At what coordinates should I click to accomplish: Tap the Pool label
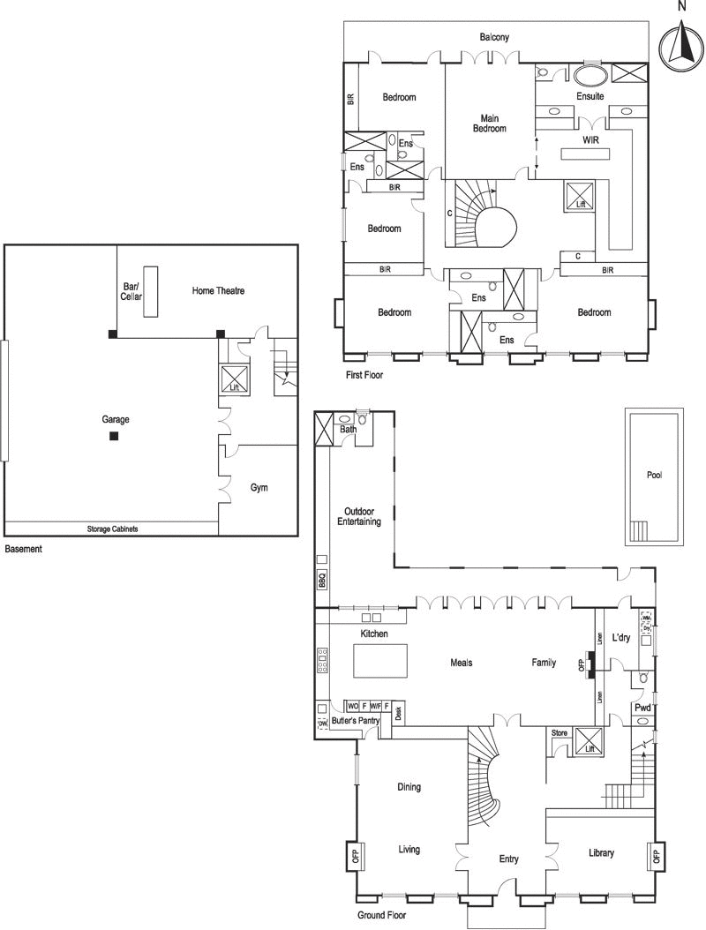[654, 475]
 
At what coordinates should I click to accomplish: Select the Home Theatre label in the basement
[218, 290]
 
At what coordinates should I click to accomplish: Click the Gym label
[259, 487]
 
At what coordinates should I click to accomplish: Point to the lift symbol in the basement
[234, 380]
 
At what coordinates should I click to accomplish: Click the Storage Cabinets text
[112, 529]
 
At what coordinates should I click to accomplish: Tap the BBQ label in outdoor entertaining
[322, 581]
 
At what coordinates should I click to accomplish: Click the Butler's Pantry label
[356, 721]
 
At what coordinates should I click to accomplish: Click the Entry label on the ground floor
[508, 859]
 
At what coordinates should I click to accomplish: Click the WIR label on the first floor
[590, 140]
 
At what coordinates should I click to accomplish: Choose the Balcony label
[494, 38]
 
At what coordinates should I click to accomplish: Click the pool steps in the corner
[638, 531]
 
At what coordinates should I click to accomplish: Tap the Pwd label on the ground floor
[642, 708]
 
